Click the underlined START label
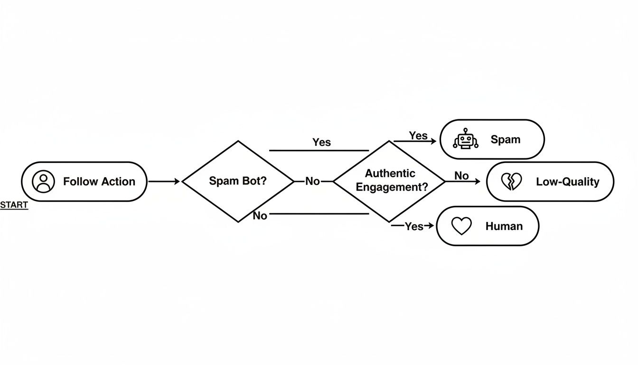14,205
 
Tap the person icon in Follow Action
44,182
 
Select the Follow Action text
99,182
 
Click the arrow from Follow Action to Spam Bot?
164,182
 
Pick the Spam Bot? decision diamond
238,182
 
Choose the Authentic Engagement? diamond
389,181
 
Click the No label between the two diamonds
312,182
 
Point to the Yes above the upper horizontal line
321,142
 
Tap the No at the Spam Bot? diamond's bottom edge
260,216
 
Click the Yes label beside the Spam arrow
418,136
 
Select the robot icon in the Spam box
466,139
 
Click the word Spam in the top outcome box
505,140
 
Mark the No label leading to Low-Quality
461,176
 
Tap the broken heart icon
511,182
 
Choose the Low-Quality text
567,182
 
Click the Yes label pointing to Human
414,227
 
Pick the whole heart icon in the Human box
461,226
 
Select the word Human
504,226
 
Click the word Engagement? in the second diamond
392,187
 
